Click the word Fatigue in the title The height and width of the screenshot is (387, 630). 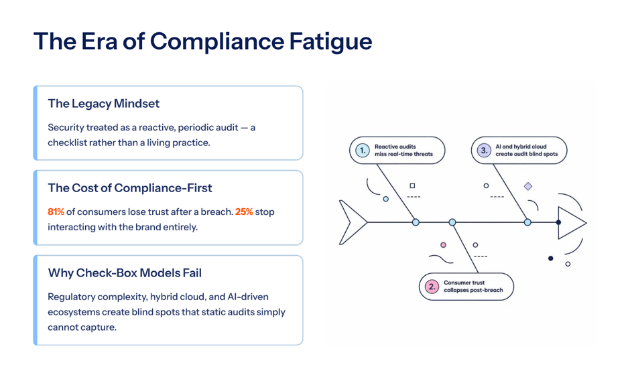coord(330,42)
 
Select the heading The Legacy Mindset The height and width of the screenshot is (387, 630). coord(104,104)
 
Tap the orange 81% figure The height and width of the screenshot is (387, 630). coord(56,212)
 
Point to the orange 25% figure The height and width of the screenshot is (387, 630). coord(244,212)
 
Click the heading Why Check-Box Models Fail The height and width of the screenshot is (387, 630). coord(125,273)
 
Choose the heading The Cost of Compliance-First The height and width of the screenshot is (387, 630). coord(130,188)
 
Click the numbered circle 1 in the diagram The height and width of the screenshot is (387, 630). coord(363,151)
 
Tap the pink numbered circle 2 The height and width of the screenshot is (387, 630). coord(432,287)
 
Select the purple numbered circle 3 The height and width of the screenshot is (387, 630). coord(484,151)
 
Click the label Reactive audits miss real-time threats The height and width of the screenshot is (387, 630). coord(403,150)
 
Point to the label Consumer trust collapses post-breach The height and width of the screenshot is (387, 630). coord(473,287)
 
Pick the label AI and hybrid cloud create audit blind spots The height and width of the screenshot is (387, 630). coord(526,150)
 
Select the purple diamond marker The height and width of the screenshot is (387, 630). coord(528,186)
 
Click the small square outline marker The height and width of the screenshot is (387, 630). coord(412,185)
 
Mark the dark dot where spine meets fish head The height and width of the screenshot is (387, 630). coord(558,222)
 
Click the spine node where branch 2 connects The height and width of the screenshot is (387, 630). coord(452,222)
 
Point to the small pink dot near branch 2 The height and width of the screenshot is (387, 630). coord(443,245)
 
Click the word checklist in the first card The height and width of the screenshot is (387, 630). coord(66,143)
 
